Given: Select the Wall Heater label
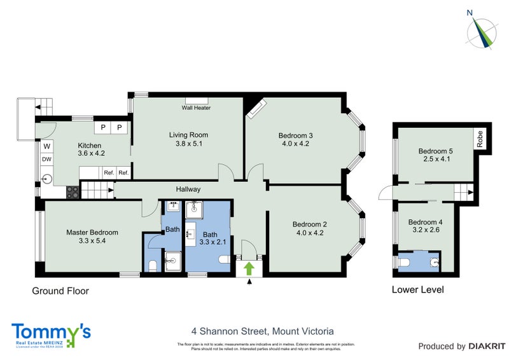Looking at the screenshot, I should tap(196, 107).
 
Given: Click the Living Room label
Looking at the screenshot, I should tap(188, 135).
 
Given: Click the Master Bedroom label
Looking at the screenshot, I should tap(92, 233).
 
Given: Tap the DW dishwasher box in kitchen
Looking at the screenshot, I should tap(46, 159).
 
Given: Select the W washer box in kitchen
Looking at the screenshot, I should tap(46, 146).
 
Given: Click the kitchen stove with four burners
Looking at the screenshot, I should tap(73, 191).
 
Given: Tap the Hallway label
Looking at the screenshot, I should tap(188, 190).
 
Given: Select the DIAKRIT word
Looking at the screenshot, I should tap(487, 347).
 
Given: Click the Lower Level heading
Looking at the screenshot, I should tap(418, 290).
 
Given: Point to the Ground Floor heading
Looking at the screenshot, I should tap(60, 291).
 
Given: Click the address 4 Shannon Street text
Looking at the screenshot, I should tap(263, 331).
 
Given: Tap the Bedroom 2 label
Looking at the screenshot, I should tap(310, 224).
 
